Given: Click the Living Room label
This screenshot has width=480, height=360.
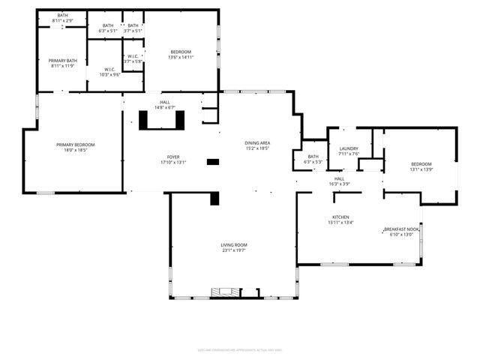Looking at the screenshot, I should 233,245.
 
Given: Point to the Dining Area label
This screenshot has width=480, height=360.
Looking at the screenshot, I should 256,142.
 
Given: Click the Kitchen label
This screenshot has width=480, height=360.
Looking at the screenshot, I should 340,217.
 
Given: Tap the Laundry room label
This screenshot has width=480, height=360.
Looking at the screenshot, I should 349,148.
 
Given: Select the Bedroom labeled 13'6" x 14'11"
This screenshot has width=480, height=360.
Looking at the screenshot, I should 181,51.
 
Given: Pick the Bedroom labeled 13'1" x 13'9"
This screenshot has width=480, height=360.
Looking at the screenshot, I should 421,163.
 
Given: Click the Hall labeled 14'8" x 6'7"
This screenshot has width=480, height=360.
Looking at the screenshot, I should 165,102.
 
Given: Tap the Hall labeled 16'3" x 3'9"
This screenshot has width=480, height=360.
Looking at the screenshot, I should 339,178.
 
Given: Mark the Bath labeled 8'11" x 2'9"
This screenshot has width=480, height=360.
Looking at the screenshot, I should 62,15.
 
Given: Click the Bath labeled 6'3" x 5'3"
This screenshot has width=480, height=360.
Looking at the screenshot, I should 313,156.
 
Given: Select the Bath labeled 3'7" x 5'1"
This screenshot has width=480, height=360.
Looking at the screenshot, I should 133,25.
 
